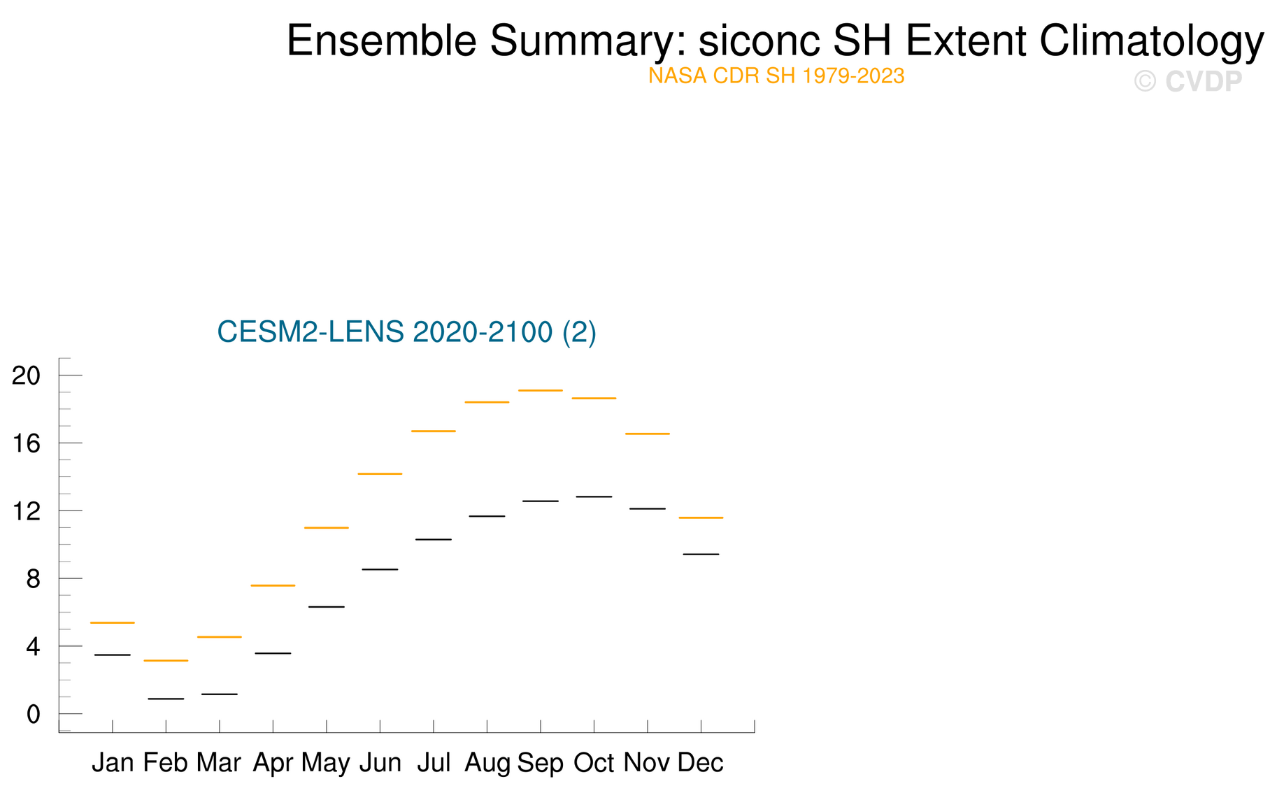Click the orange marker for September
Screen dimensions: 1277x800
pos(541,390)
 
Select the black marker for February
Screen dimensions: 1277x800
pos(166,699)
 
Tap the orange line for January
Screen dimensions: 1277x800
pos(113,622)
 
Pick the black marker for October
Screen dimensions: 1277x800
pos(594,497)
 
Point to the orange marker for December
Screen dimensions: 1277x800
pos(701,517)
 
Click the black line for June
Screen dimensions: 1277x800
pos(380,569)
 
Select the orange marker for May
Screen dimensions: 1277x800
pos(327,527)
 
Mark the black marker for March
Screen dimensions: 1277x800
pos(220,694)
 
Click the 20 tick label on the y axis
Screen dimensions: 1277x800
pos(27,376)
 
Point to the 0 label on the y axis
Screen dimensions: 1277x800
pos(34,715)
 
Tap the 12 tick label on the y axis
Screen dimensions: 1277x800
pos(27,511)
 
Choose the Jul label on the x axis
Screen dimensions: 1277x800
pos(434,762)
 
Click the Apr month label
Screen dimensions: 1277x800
pos(273,763)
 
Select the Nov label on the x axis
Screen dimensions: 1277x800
pos(647,762)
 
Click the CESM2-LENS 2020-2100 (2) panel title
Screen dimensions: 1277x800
pos(407,331)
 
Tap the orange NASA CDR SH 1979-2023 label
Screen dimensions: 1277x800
pos(776,76)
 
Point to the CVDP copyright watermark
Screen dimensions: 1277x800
pos(1188,82)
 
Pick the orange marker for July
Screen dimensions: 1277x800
pos(434,431)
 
